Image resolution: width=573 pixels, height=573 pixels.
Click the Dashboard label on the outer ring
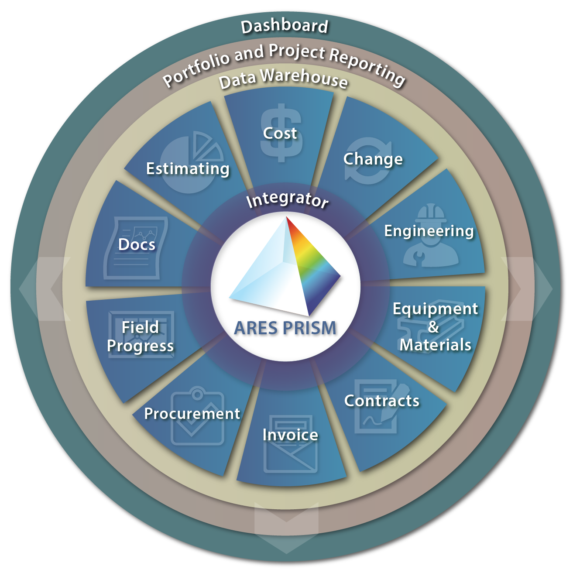285,26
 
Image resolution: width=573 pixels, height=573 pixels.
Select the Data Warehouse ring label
283,78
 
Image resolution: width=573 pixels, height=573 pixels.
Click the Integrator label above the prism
288,199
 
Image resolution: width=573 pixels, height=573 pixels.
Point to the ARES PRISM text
285,328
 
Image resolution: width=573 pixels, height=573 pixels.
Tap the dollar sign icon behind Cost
281,133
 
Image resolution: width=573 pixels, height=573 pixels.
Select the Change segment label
373,159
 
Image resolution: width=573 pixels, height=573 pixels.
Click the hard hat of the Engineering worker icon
431,213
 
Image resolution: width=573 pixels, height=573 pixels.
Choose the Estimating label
188,169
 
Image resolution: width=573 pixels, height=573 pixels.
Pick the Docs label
137,244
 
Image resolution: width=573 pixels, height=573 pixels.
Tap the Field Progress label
141,336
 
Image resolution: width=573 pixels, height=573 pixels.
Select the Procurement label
192,414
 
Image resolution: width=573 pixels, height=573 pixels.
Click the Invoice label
290,435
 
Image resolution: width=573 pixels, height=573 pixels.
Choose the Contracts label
382,401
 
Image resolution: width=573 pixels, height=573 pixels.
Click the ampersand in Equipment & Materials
433,327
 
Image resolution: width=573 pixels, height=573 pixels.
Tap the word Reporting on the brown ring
367,66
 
